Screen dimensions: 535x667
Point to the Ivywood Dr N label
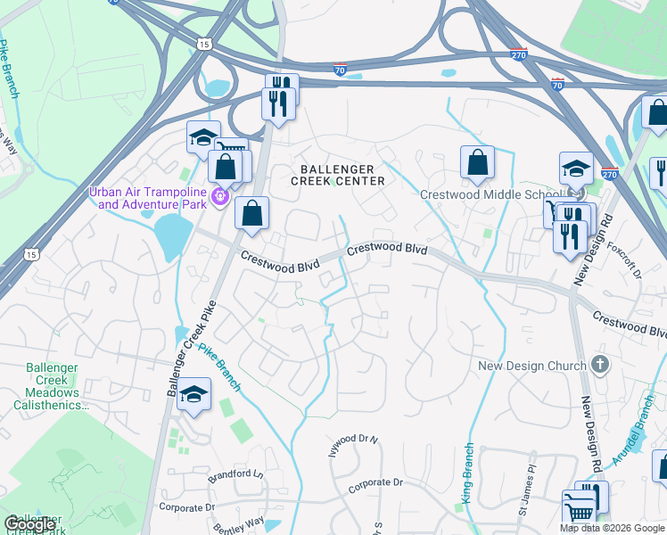(354, 440)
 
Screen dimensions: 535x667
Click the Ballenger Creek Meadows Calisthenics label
(52, 386)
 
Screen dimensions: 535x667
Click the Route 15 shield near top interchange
(205, 43)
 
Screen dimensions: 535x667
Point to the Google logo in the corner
(29, 524)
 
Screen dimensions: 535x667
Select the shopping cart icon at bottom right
(579, 509)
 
